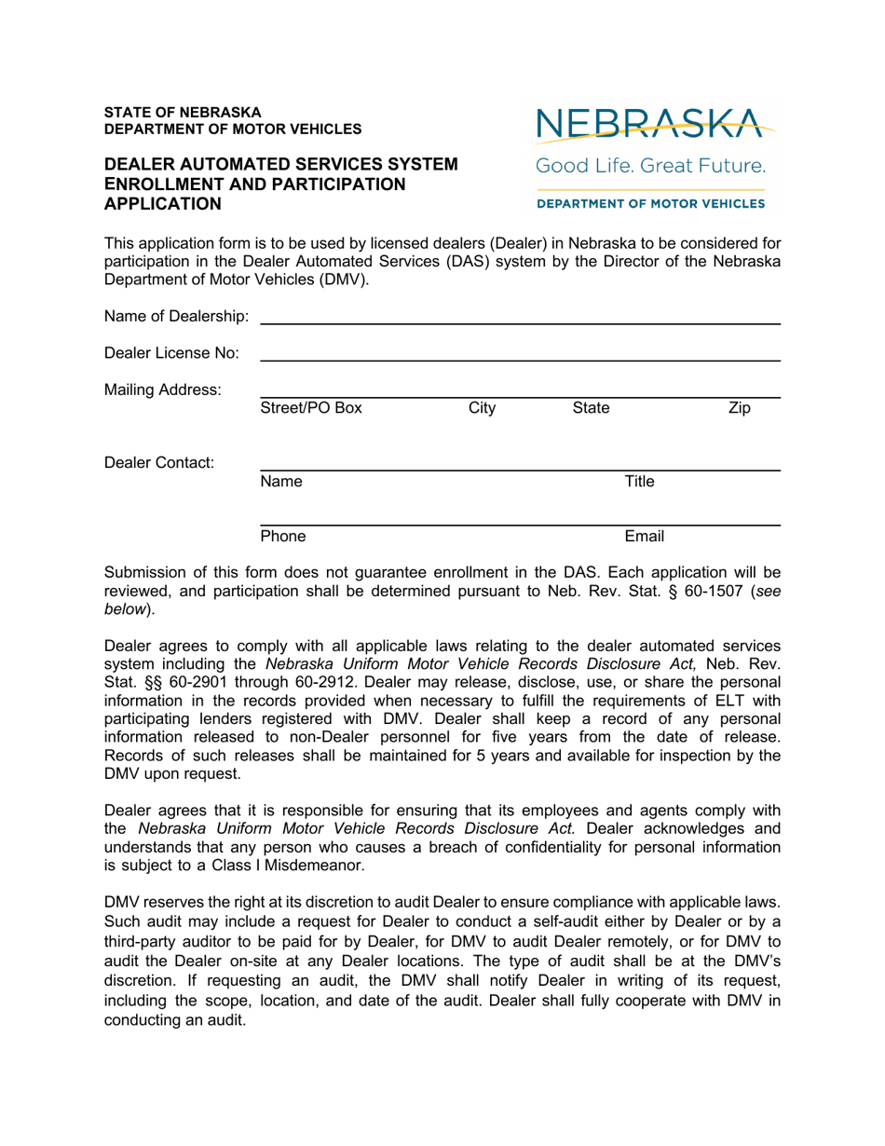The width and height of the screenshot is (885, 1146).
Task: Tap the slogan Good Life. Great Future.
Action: (x=649, y=168)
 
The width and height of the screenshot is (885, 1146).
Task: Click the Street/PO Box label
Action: (x=311, y=407)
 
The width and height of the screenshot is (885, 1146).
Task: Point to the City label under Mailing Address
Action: (x=482, y=407)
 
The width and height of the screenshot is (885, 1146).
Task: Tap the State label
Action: (x=591, y=407)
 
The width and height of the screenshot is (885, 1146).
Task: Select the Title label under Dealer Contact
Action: (x=639, y=482)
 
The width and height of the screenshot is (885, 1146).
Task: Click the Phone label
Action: (x=283, y=536)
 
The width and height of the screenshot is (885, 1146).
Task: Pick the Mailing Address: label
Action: (x=162, y=389)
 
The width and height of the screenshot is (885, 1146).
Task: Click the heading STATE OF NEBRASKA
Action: (x=183, y=111)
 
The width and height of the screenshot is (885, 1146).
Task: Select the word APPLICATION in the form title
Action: (x=163, y=203)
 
